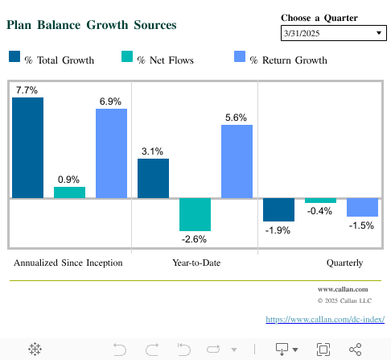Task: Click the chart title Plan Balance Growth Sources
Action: (x=91, y=25)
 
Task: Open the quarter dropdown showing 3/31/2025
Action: (x=333, y=33)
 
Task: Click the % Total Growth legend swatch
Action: (x=14, y=57)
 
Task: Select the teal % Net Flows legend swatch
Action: (x=126, y=57)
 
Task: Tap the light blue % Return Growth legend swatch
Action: (x=239, y=57)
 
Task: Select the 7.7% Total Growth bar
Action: (x=27, y=147)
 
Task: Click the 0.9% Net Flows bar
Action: (x=69, y=192)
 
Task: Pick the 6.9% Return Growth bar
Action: (x=111, y=153)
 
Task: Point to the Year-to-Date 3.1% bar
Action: (x=153, y=177)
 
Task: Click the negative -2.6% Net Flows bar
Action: (x=195, y=214)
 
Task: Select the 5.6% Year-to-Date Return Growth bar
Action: (x=237, y=161)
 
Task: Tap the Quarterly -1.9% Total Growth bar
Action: (x=278, y=209)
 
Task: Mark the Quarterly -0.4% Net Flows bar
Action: (x=320, y=201)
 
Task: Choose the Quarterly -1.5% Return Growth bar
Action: (x=362, y=207)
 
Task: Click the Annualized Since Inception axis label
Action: (x=68, y=263)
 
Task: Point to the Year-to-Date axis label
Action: (x=196, y=263)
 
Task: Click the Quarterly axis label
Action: (x=344, y=263)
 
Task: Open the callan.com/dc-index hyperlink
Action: (x=324, y=320)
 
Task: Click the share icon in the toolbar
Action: (x=355, y=349)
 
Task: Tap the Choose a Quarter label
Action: (x=319, y=18)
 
